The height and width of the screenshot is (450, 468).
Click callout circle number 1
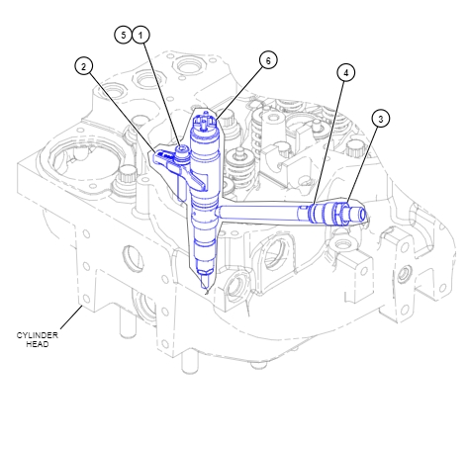point(142,35)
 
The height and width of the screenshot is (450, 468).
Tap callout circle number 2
point(84,66)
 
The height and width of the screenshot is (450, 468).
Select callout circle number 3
point(380,118)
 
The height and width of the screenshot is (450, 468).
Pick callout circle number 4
point(344,72)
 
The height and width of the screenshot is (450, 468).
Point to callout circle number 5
point(124,35)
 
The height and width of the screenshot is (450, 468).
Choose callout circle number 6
point(266,60)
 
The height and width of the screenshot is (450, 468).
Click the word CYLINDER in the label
point(38,335)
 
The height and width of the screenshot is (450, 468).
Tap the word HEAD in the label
point(38,344)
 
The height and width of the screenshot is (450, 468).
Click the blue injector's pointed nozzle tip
point(205,286)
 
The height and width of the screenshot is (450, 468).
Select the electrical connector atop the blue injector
point(206,123)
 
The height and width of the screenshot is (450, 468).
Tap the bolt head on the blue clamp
point(182,152)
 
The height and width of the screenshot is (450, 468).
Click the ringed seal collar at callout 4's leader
point(315,212)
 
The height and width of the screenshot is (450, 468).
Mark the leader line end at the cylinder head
point(81,309)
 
